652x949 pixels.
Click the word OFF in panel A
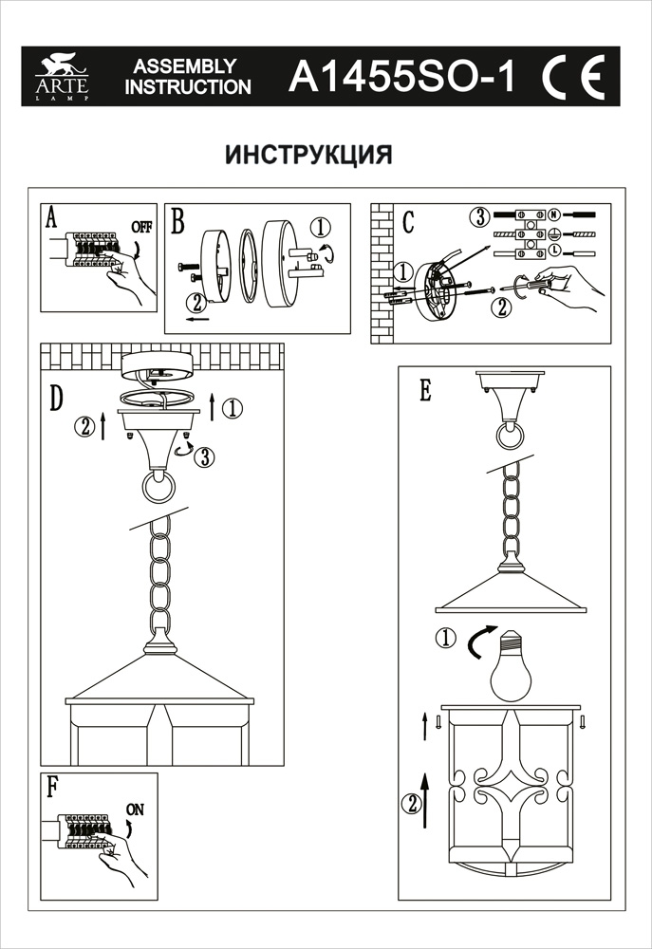(141, 228)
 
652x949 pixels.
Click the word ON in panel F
(135, 809)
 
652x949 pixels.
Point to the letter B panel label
(178, 224)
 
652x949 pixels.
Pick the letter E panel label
(425, 390)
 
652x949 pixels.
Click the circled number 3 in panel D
(202, 456)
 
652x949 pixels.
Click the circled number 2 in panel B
(196, 304)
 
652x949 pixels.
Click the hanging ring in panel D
(158, 489)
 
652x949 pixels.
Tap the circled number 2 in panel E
(411, 805)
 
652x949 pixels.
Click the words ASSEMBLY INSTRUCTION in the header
(189, 78)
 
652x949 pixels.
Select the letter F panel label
(52, 787)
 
